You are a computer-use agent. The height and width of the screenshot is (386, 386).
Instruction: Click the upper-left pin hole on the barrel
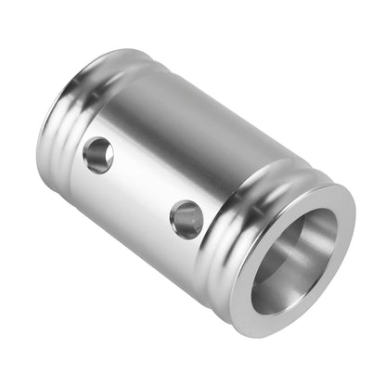point(97,155)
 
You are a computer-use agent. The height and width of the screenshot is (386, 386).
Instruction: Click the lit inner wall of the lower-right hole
point(192,221)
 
